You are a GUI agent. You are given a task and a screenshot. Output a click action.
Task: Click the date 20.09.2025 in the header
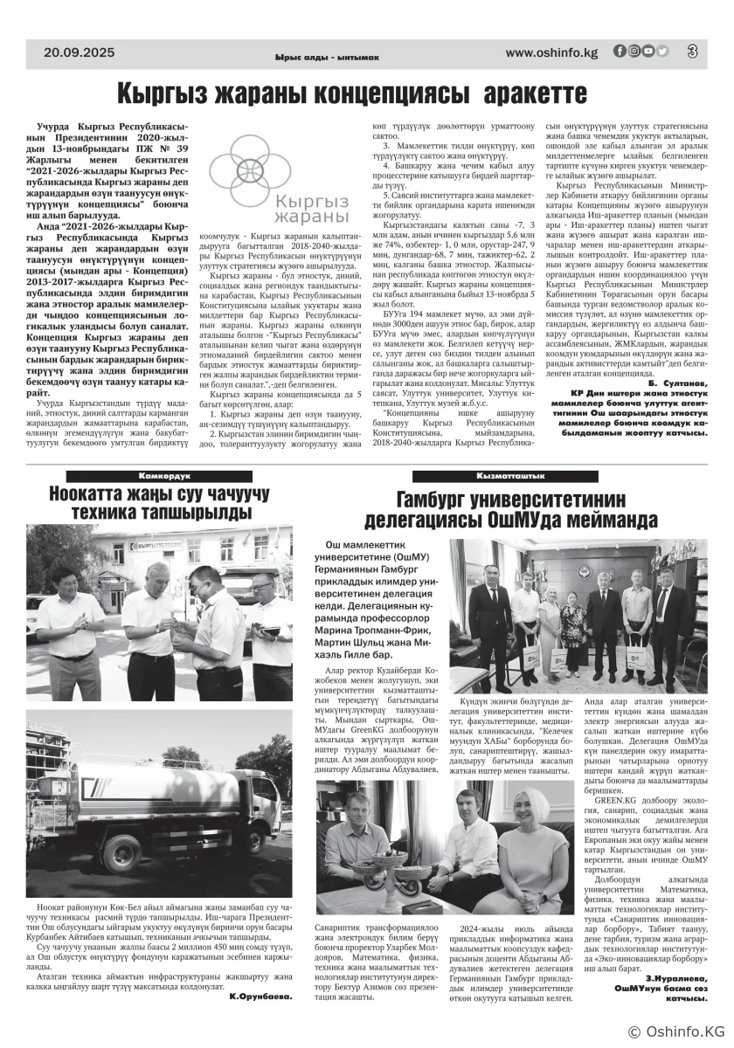(x=80, y=52)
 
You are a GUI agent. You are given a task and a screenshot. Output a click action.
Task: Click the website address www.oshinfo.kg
(x=551, y=52)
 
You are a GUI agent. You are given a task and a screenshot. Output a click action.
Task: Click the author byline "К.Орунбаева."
(x=260, y=996)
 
